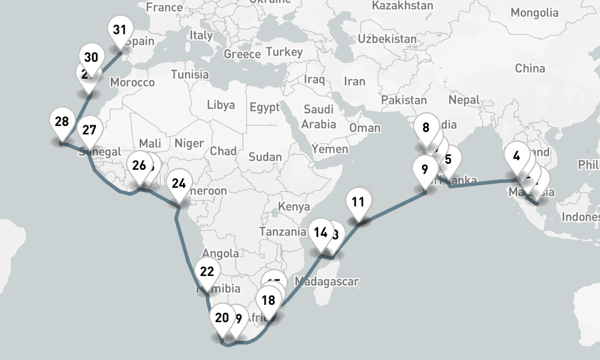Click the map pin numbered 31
click(x=120, y=30)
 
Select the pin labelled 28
click(x=61, y=122)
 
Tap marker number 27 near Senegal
click(x=89, y=130)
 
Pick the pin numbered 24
click(x=179, y=184)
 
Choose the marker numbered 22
click(x=206, y=272)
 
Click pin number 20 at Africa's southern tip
click(x=222, y=318)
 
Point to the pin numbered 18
click(x=269, y=301)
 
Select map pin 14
click(x=321, y=232)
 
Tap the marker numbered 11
click(x=358, y=202)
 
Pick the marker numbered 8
click(x=426, y=127)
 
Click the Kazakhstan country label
click(x=402, y=5)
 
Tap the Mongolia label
click(x=534, y=13)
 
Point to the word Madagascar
click(x=328, y=281)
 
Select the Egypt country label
click(x=265, y=108)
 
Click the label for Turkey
click(x=284, y=52)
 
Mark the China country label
click(x=530, y=68)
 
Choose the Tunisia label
click(x=190, y=74)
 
